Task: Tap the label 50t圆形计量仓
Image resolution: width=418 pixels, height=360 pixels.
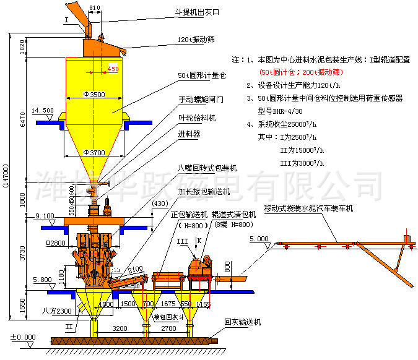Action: pyautogui.click(x=202, y=75)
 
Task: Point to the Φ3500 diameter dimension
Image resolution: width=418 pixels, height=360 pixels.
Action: pyautogui.click(x=94, y=95)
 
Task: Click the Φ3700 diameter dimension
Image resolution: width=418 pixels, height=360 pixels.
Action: pyautogui.click(x=94, y=152)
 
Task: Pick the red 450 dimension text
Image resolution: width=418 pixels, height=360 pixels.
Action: pyautogui.click(x=113, y=69)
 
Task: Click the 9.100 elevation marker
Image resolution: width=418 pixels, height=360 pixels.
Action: pyautogui.click(x=45, y=216)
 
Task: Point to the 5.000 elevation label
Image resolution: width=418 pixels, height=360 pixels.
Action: pyautogui.click(x=259, y=238)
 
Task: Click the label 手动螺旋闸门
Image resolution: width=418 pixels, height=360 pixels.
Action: pyautogui.click(x=200, y=98)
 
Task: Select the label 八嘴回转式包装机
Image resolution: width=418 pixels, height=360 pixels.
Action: pyautogui.click(x=204, y=167)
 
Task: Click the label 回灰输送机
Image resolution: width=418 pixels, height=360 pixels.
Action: pyautogui.click(x=242, y=322)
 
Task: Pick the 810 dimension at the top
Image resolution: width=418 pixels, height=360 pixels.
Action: pyautogui.click(x=94, y=7)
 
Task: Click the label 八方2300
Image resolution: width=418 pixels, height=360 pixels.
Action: pyautogui.click(x=58, y=310)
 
